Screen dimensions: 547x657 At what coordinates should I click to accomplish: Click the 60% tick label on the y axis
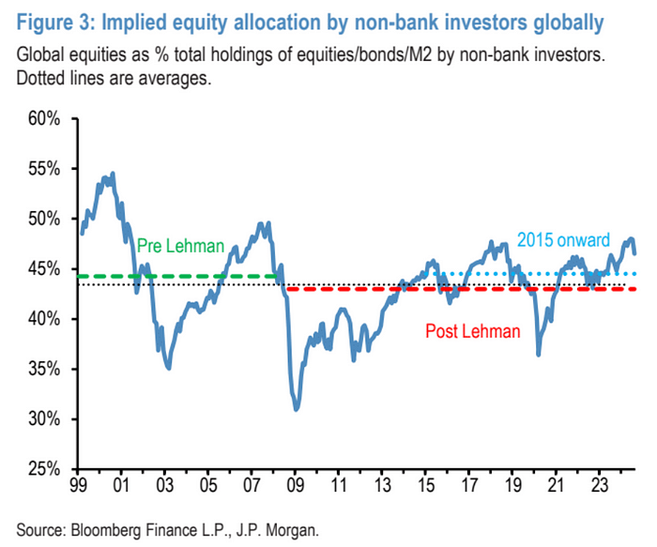(x=42, y=119)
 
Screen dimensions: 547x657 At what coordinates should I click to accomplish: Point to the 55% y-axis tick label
(x=42, y=169)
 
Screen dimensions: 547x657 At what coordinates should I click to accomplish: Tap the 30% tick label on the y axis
(x=42, y=418)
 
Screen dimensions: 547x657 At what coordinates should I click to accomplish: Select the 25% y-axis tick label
(x=42, y=468)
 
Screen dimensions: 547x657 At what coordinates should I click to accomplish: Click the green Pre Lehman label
(x=181, y=247)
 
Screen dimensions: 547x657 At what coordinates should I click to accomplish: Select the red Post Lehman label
(x=472, y=331)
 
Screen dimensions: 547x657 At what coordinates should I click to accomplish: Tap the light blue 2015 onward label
(x=563, y=240)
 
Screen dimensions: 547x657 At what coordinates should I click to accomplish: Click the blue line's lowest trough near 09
(x=297, y=409)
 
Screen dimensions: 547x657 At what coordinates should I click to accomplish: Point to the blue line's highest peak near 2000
(x=114, y=174)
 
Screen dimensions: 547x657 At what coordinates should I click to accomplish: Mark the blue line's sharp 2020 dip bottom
(x=539, y=354)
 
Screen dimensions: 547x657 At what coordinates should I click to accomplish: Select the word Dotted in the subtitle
(x=38, y=79)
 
